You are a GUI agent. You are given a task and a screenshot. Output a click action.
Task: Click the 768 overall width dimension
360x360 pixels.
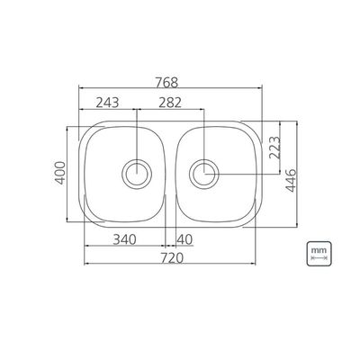point(166,83)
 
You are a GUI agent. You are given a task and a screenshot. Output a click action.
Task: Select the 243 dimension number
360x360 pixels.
point(107,103)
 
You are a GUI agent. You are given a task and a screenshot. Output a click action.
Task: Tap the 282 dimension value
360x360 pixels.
point(170,103)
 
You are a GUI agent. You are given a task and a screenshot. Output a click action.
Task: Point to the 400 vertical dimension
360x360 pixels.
point(60,173)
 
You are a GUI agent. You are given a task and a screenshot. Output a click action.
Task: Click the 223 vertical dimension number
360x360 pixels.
point(274,148)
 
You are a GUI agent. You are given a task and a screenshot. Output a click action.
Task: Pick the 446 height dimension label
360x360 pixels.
point(291,181)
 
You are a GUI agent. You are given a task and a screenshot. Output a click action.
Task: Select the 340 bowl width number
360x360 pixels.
point(124,239)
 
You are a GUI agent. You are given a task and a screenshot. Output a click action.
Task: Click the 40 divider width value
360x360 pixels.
point(184,239)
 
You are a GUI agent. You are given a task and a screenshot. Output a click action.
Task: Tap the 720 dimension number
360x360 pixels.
point(172,257)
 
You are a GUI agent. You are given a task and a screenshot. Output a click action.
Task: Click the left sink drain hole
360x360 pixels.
point(137,174)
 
